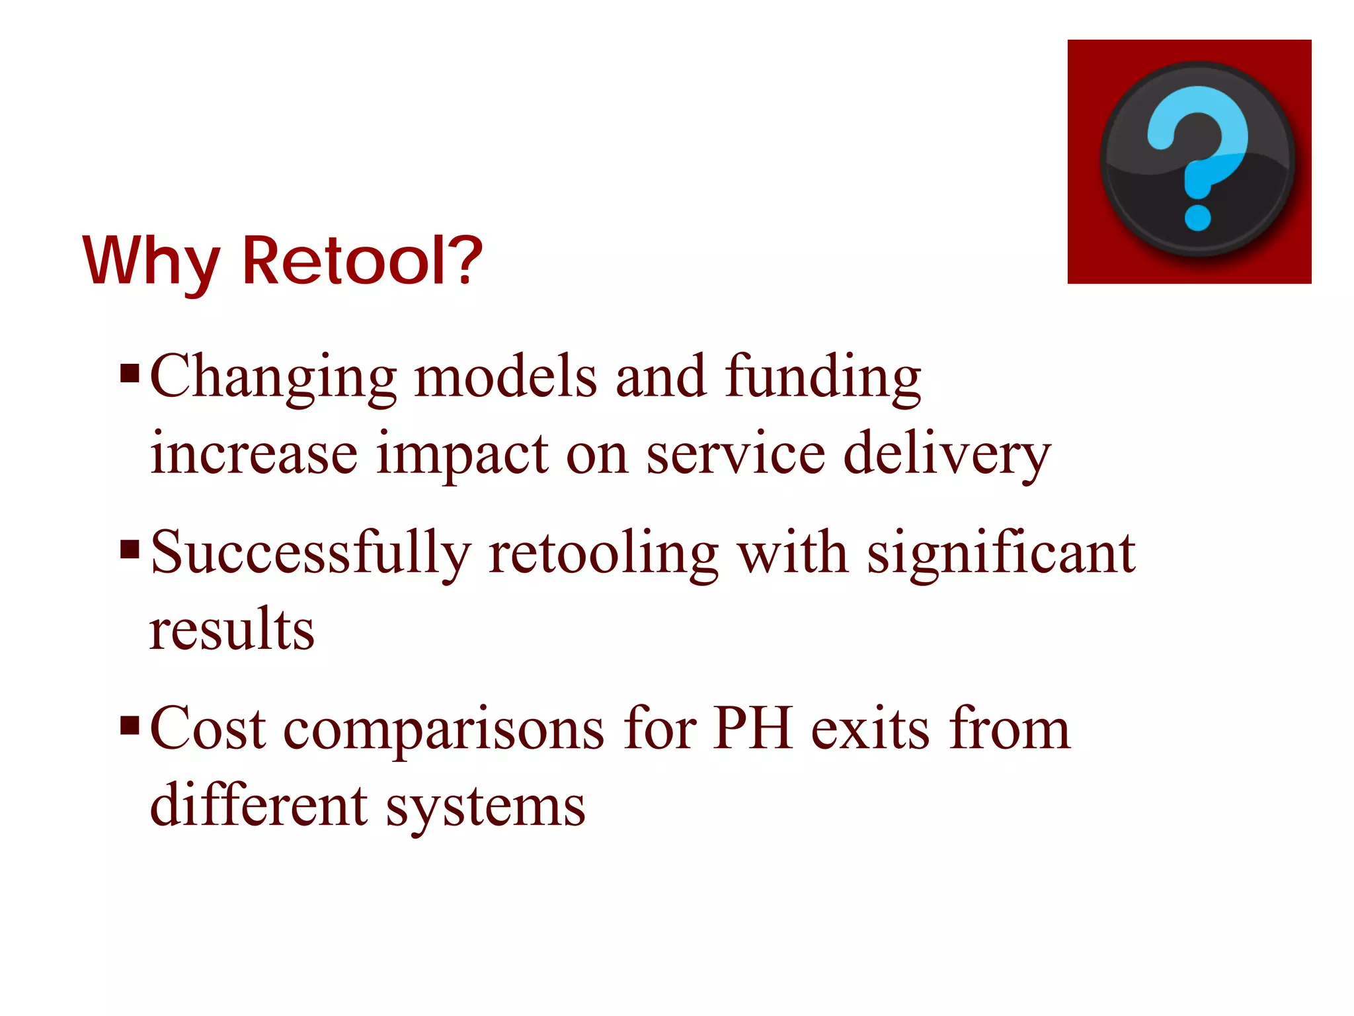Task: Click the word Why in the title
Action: [x=151, y=263]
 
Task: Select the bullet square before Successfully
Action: [x=130, y=549]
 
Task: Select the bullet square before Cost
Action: [x=130, y=726]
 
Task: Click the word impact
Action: [x=462, y=456]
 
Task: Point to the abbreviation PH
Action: [x=753, y=729]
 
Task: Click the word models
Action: [x=506, y=377]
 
